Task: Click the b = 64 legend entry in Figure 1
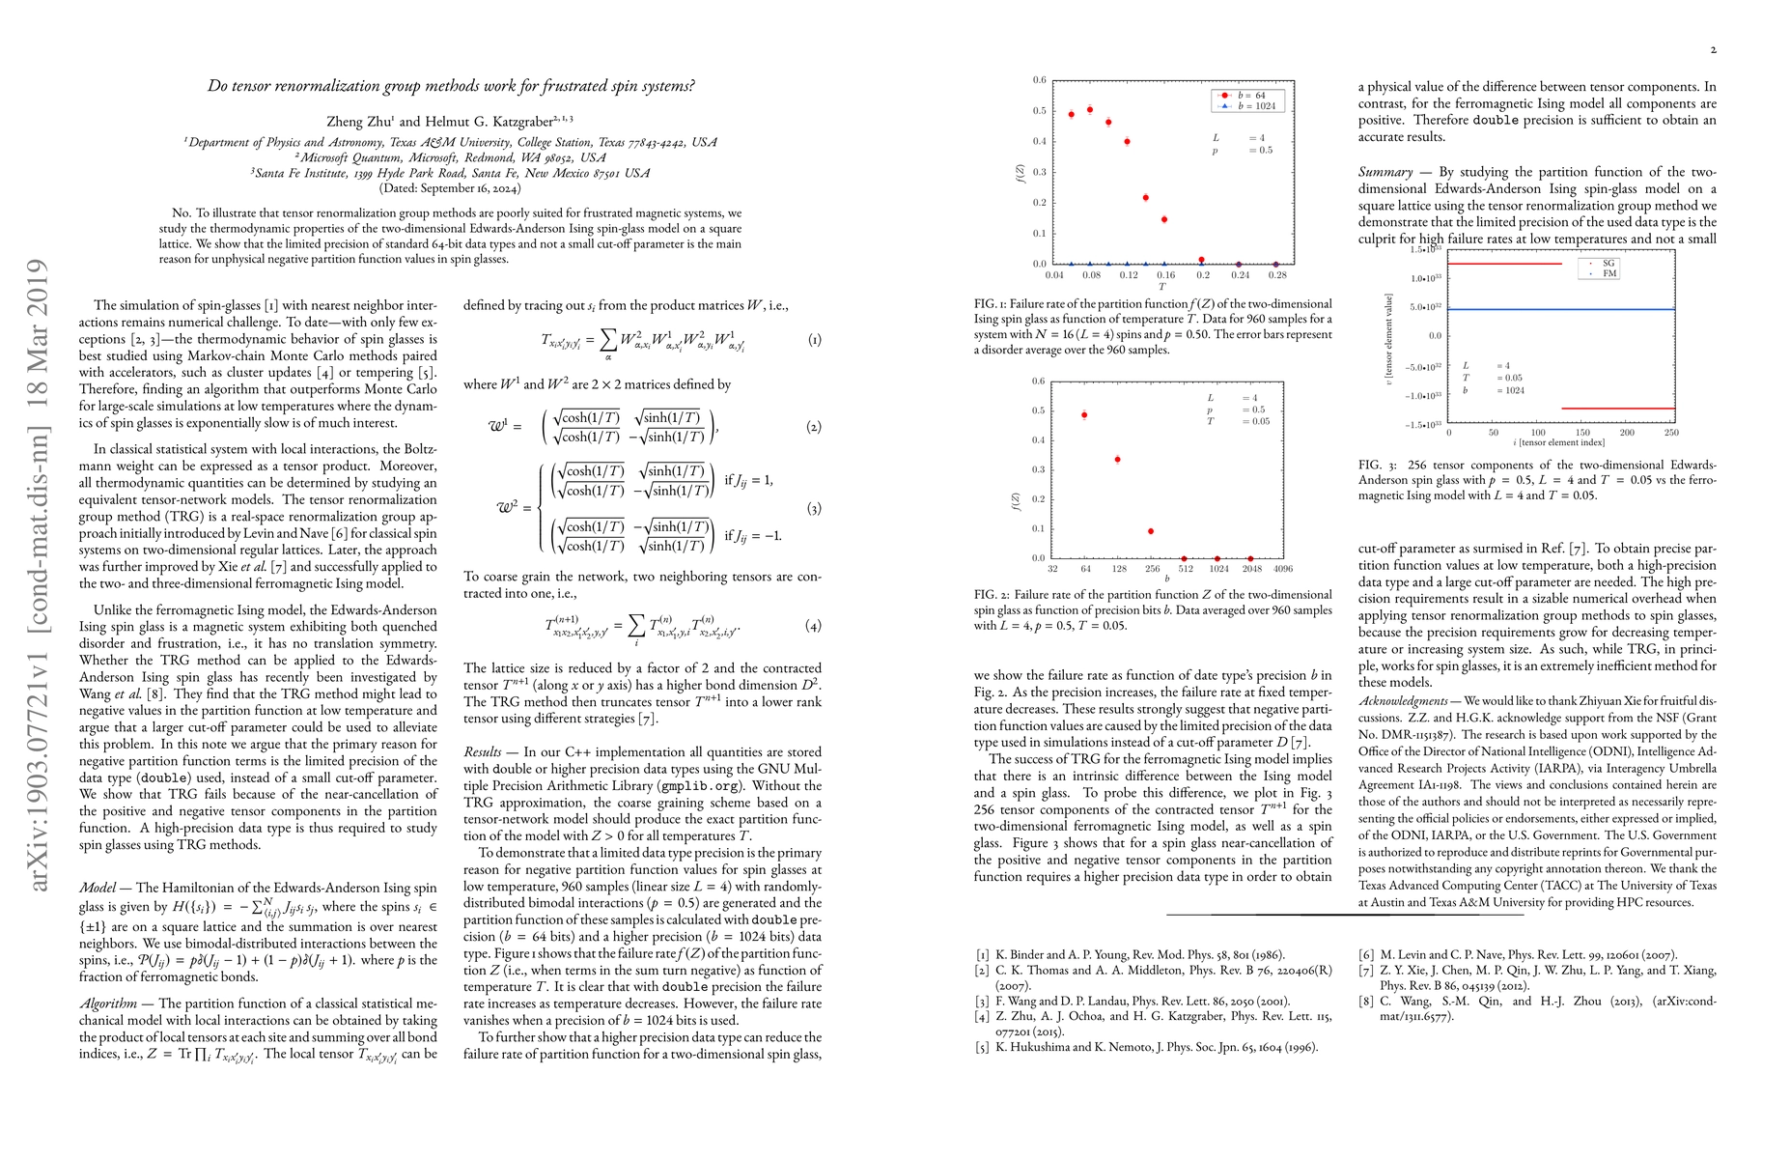click(x=1250, y=96)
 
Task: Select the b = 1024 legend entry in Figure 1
click(x=1250, y=106)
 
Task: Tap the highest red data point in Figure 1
click(x=1090, y=109)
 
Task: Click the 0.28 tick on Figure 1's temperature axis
click(x=1276, y=275)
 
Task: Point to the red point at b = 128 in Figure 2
click(x=1117, y=460)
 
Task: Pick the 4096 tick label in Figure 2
click(x=1282, y=569)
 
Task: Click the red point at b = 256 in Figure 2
click(x=1151, y=531)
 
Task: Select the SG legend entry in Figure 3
click(x=1602, y=263)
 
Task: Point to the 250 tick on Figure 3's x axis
click(x=1671, y=433)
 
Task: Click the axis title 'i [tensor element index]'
click(x=1558, y=443)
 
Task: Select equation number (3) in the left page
click(x=814, y=509)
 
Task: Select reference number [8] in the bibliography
click(x=1366, y=1002)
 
